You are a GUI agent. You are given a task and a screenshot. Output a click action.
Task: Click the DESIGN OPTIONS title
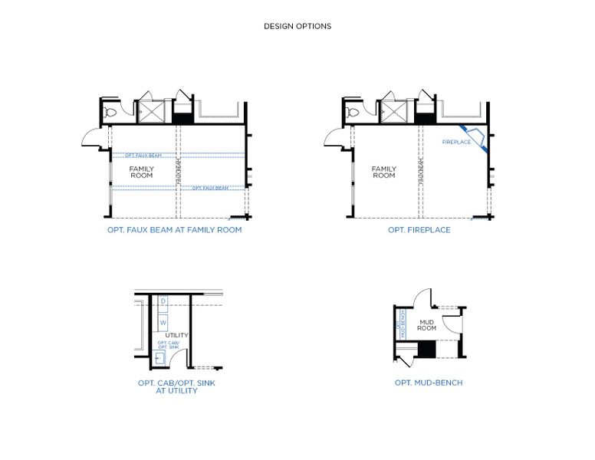point(297,26)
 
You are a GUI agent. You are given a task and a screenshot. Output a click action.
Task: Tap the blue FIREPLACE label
point(456,142)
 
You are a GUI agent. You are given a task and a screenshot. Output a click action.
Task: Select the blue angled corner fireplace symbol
point(476,139)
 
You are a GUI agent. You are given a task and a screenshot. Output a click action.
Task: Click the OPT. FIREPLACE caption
point(419,230)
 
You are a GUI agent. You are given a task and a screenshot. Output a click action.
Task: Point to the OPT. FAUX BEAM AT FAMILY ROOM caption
point(175,230)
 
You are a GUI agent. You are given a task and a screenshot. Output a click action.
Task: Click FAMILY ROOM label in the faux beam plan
point(141,172)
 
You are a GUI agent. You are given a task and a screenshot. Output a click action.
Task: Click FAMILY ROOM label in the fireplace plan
point(383,172)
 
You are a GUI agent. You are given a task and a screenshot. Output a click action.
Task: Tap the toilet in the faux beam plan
point(110,113)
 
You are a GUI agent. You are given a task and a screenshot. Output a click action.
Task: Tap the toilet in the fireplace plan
point(352,113)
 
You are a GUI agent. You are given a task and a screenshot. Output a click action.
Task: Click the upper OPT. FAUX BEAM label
point(143,156)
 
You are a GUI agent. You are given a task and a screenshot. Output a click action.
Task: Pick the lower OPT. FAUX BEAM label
point(209,188)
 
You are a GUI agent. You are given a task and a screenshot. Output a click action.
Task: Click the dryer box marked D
point(163,301)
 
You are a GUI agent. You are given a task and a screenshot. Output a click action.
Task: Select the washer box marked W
point(163,323)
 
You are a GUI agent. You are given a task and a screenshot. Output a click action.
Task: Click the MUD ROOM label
point(427,324)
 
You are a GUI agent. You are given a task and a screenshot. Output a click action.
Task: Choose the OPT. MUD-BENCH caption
point(428,383)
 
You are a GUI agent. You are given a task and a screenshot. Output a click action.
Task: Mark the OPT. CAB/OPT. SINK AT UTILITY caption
point(176,386)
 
